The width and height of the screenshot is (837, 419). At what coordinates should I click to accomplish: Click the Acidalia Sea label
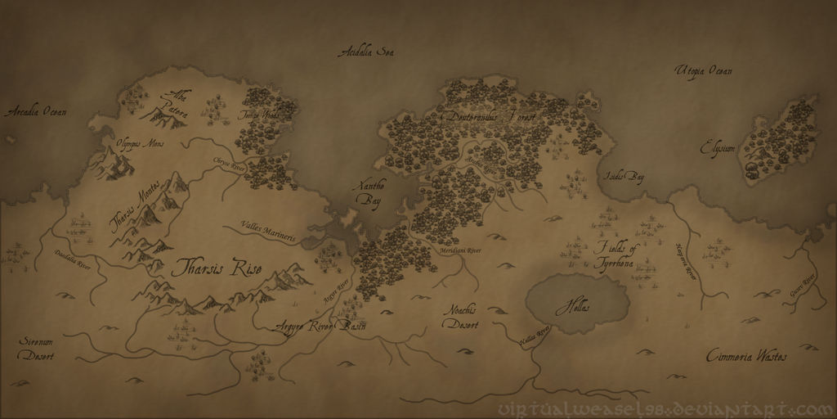pos(366,53)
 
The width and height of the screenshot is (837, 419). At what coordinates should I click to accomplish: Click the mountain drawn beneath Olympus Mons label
pos(115,164)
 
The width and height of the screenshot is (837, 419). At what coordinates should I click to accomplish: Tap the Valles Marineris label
pos(269,232)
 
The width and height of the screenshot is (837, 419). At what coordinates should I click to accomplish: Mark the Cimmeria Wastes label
pos(746,357)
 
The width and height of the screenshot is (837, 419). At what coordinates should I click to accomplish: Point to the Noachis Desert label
pos(462,317)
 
